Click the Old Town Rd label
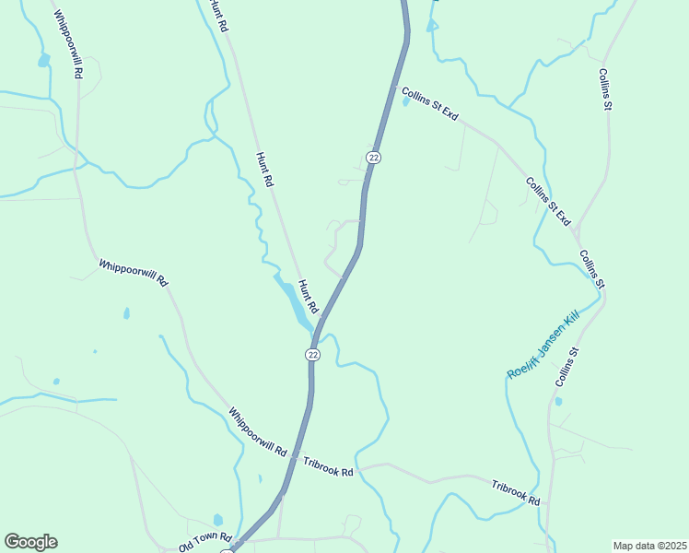(x=204, y=537)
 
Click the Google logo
(x=30, y=542)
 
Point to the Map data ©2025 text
(x=649, y=546)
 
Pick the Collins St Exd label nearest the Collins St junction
(x=548, y=200)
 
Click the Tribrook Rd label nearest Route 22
(x=329, y=467)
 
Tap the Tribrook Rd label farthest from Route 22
(x=515, y=492)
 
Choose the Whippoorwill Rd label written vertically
(x=68, y=43)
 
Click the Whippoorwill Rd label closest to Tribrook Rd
(x=258, y=433)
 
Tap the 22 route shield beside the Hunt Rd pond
(x=313, y=355)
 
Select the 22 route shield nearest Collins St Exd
(x=372, y=158)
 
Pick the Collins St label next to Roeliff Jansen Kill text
(x=566, y=367)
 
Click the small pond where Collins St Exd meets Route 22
(x=405, y=101)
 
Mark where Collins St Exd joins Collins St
(x=578, y=228)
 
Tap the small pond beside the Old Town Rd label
(x=217, y=520)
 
